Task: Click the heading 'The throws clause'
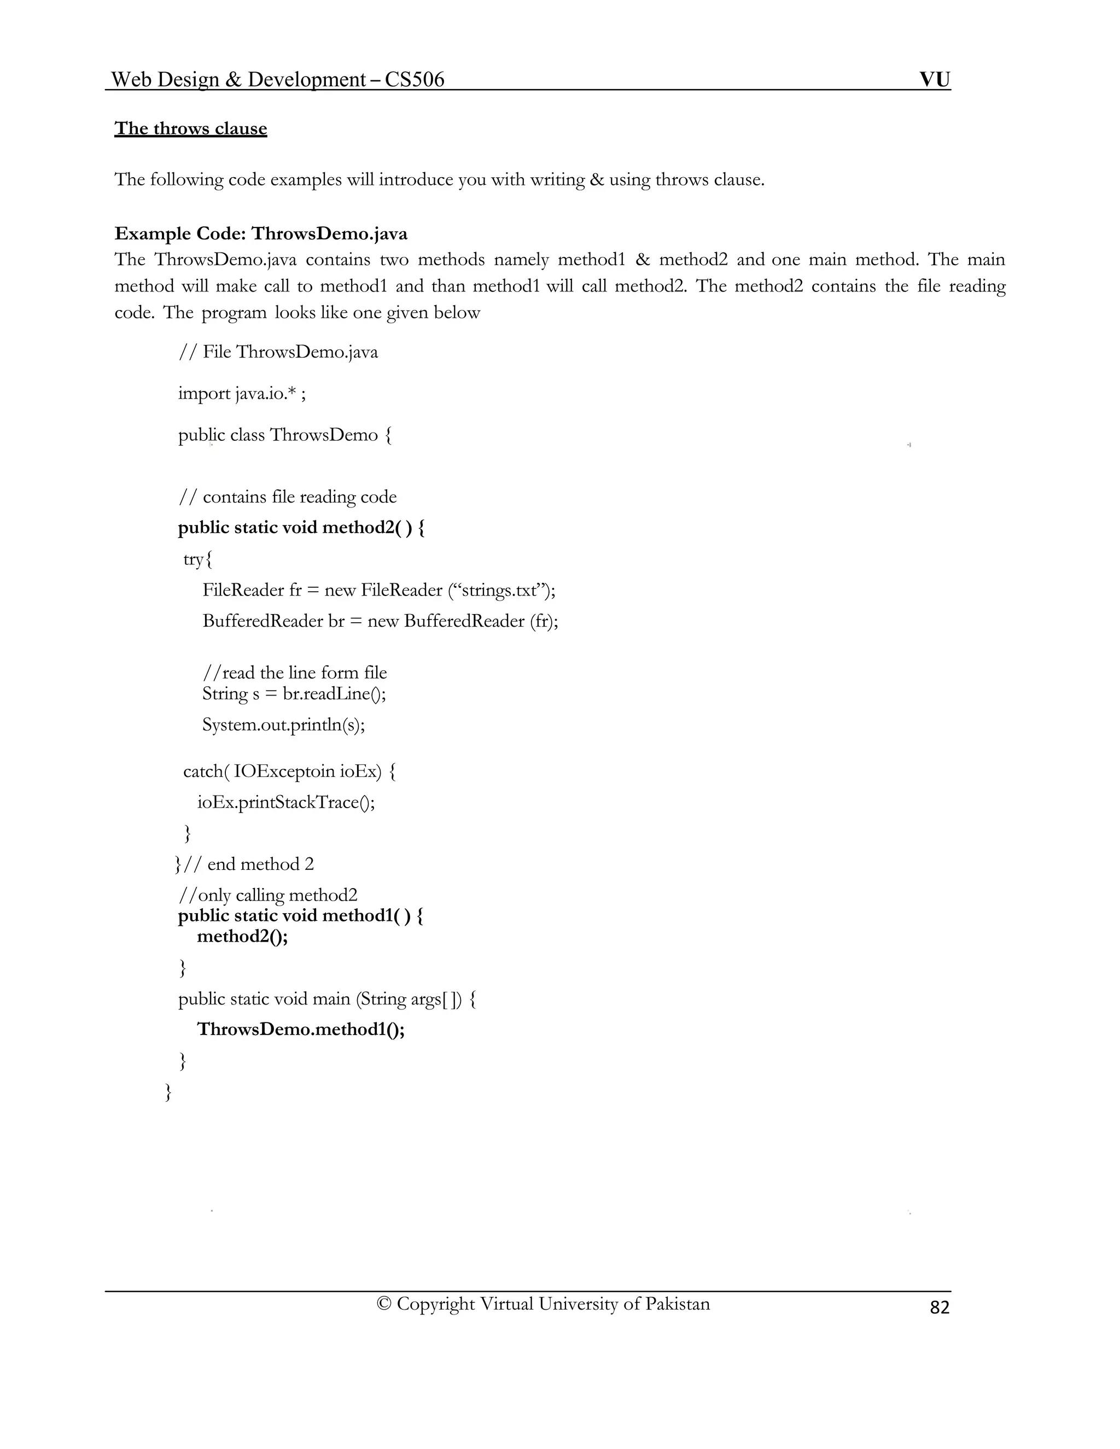(x=190, y=128)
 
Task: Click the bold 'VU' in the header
(x=934, y=80)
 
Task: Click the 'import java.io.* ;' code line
(x=242, y=394)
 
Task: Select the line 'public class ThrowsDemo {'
(x=284, y=435)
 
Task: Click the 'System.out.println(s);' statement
(x=283, y=724)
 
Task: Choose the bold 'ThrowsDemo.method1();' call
(x=301, y=1029)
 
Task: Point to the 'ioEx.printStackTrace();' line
(x=286, y=802)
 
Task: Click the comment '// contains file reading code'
(x=287, y=497)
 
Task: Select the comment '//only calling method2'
(x=267, y=895)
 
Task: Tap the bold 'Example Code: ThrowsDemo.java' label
(x=261, y=233)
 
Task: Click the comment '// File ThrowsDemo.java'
(x=278, y=352)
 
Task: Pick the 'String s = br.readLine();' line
(x=294, y=693)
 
